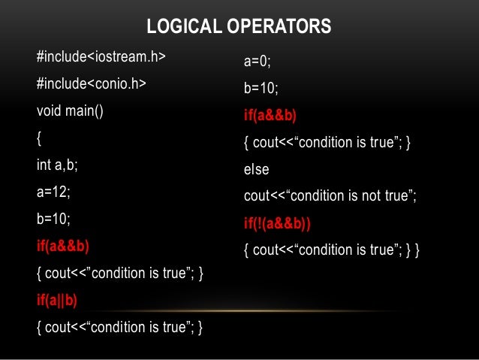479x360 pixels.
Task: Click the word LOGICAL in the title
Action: click(x=179, y=28)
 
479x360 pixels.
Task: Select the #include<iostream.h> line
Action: click(x=101, y=57)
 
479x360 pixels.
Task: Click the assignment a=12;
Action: click(x=53, y=192)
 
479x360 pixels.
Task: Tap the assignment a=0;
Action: click(x=257, y=62)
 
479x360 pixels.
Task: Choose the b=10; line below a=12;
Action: click(x=53, y=219)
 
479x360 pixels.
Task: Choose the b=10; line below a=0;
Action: click(x=261, y=89)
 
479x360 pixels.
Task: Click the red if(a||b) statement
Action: click(x=57, y=300)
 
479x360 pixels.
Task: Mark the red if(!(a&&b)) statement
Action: click(x=278, y=223)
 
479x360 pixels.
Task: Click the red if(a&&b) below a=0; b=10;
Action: click(x=270, y=116)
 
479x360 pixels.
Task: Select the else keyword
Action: click(x=257, y=170)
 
